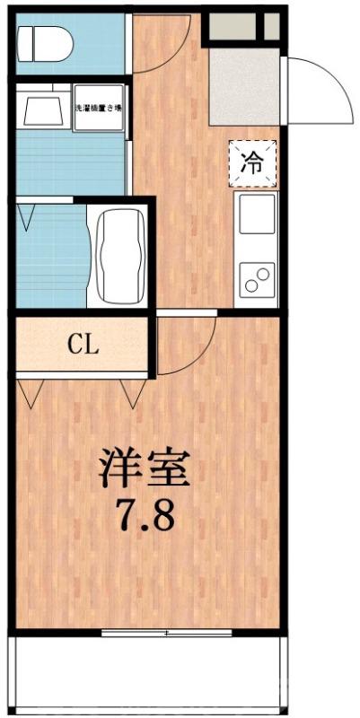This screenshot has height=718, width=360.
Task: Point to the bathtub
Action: point(121,256)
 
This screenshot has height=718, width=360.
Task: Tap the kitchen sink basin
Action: point(256,213)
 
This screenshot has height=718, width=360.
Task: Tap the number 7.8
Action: point(144,515)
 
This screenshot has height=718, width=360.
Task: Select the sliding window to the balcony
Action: point(167,634)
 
